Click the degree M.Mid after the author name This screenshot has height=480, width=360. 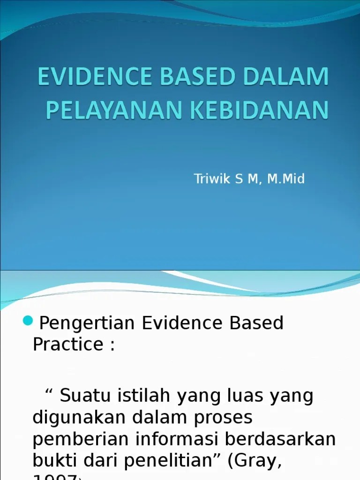(x=286, y=179)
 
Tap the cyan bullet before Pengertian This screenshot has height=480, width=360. (x=28, y=321)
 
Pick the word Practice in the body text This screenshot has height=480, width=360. (x=67, y=344)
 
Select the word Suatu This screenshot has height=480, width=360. (x=83, y=396)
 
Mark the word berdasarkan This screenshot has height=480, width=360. (x=281, y=439)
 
